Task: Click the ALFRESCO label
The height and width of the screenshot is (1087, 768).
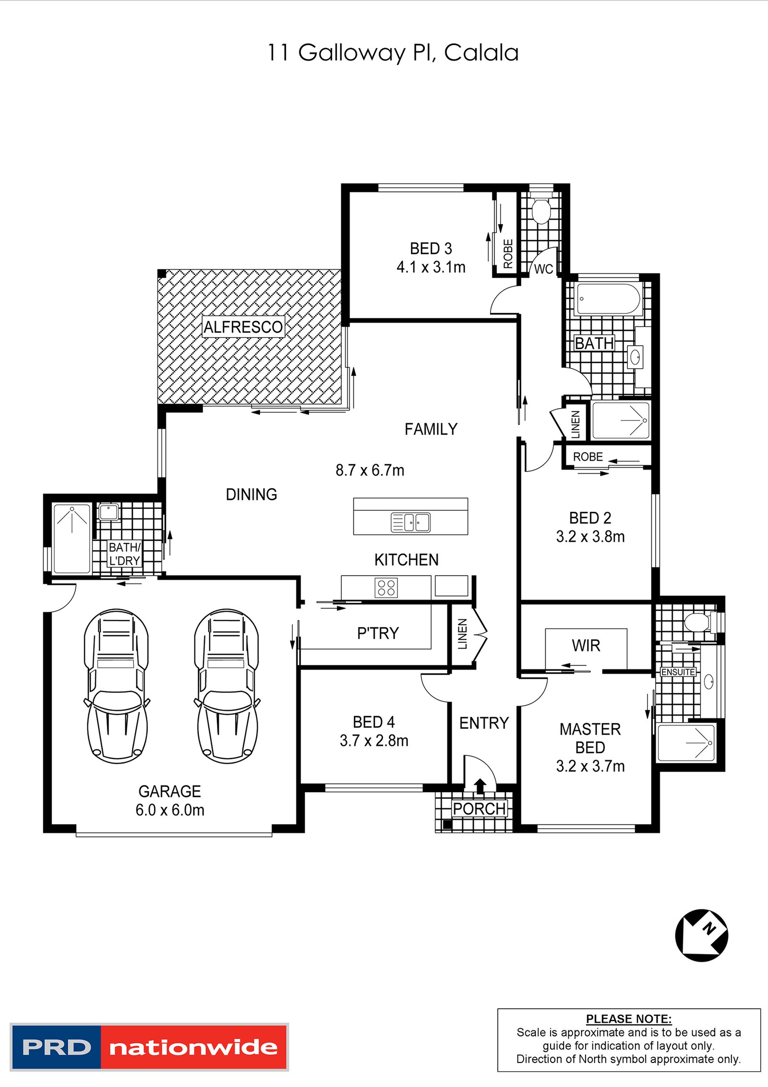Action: [x=243, y=327]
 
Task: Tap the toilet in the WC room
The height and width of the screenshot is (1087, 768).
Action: [x=541, y=211]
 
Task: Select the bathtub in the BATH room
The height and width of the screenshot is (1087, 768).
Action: [x=608, y=299]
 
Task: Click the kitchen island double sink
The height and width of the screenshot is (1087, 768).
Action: [x=411, y=522]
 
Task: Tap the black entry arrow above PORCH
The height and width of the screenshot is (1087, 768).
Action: [x=480, y=785]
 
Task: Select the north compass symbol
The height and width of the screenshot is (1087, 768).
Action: [x=701, y=935]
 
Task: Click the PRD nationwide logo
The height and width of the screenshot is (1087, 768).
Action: [x=149, y=1047]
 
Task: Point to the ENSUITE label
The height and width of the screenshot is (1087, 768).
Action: [x=678, y=672]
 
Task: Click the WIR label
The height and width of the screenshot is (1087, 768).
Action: [x=586, y=646]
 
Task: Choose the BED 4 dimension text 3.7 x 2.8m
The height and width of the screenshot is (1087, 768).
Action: [x=374, y=741]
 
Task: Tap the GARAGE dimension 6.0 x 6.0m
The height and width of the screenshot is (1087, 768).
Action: [x=170, y=810]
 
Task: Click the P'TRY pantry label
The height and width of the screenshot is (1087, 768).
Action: [x=378, y=633]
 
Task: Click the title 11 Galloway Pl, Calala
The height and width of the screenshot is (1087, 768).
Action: [x=393, y=53]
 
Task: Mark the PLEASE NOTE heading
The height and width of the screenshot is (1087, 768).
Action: [x=628, y=1019]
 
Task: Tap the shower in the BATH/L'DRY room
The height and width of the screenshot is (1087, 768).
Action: [x=72, y=538]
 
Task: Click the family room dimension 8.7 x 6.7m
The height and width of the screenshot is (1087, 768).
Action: [x=370, y=470]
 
